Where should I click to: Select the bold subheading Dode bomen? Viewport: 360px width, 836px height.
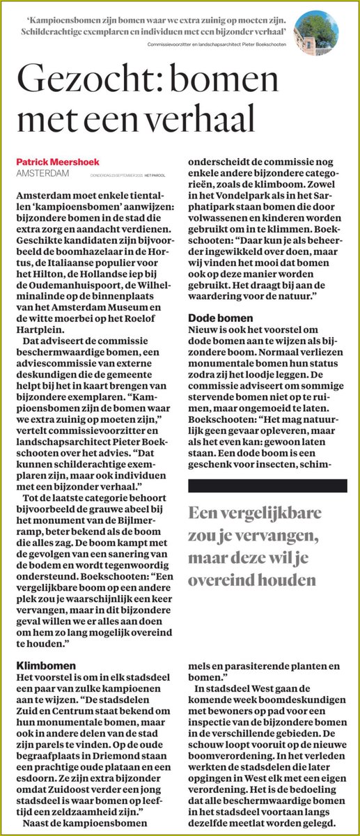tap(217, 318)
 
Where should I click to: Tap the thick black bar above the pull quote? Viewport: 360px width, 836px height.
tap(267, 486)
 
